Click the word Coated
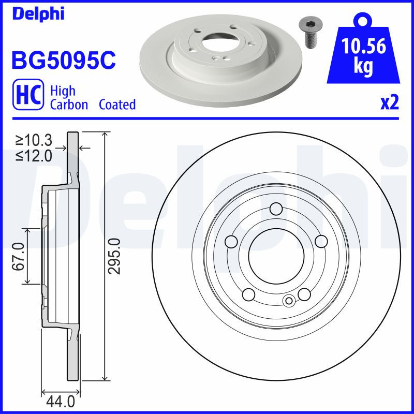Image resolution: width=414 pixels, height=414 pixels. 117,105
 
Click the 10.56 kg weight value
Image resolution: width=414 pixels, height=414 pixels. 364,56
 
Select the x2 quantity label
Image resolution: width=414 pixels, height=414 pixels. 389,103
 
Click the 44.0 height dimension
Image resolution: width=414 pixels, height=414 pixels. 61,401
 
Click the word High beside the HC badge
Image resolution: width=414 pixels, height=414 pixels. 63,91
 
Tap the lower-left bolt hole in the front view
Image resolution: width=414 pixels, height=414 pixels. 249,294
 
